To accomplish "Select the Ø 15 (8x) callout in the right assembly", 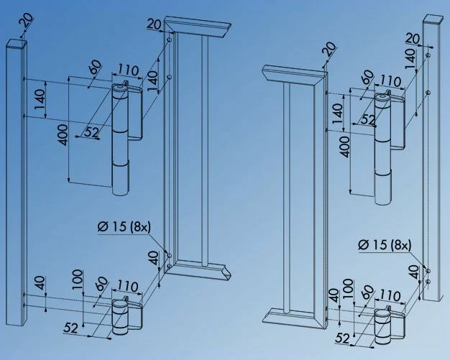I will click(x=385, y=246).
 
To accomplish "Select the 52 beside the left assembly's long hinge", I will click(x=91, y=131).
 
